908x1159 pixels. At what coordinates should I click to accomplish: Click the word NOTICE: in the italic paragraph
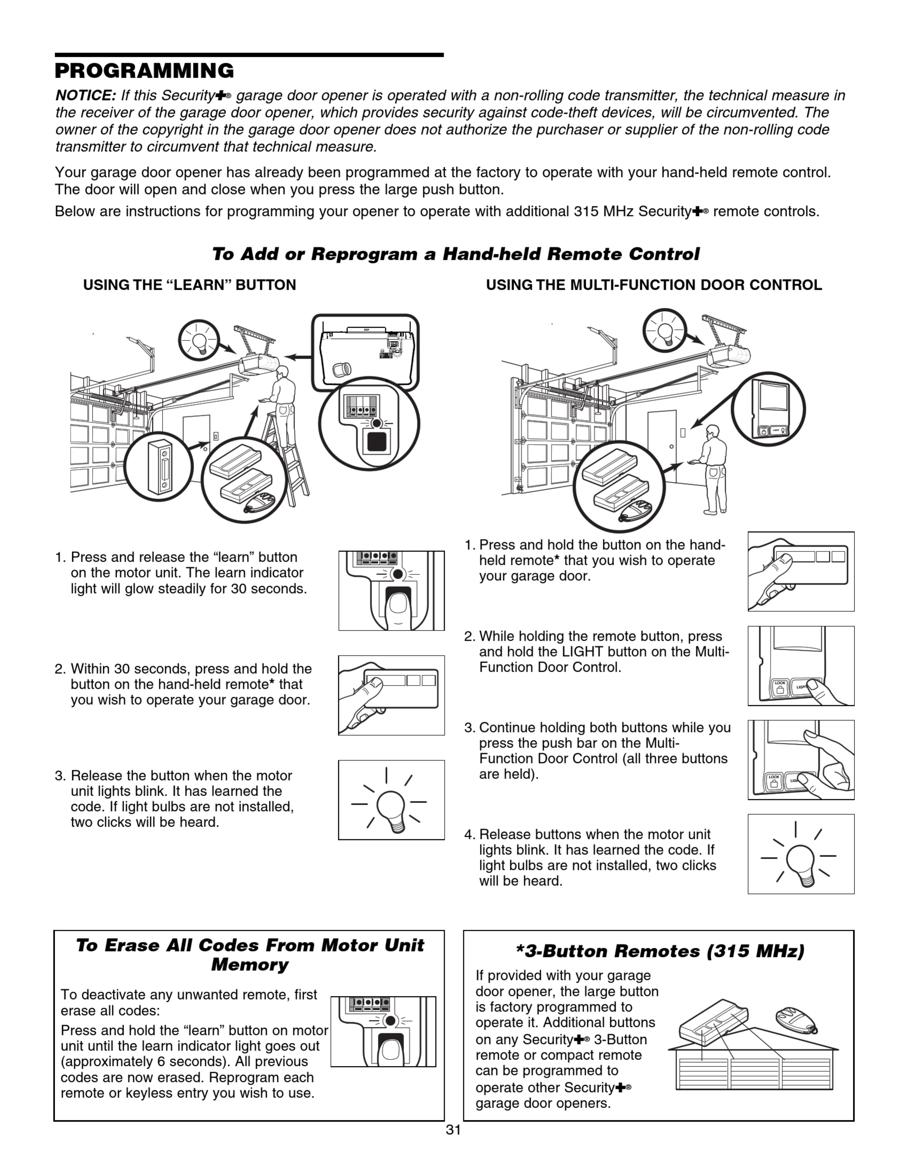[85, 96]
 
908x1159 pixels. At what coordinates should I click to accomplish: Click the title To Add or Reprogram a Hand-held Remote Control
[456, 254]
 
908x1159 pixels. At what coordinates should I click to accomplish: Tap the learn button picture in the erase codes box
[383, 1032]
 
